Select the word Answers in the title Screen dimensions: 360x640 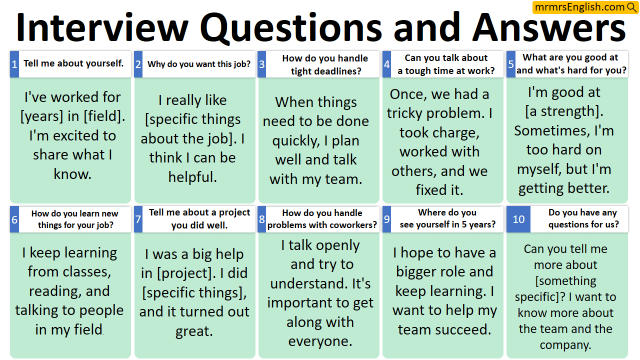548,27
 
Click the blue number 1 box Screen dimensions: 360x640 14,64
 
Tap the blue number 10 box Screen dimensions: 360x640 518,219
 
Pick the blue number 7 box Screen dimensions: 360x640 138,219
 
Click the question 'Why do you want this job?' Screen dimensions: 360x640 199,64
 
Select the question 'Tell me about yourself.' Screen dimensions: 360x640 73,63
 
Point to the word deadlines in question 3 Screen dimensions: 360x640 326,71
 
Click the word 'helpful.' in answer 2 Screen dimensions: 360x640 192,177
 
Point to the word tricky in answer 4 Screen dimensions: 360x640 410,113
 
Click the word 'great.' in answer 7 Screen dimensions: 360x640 194,331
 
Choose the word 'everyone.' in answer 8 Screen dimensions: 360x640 320,341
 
